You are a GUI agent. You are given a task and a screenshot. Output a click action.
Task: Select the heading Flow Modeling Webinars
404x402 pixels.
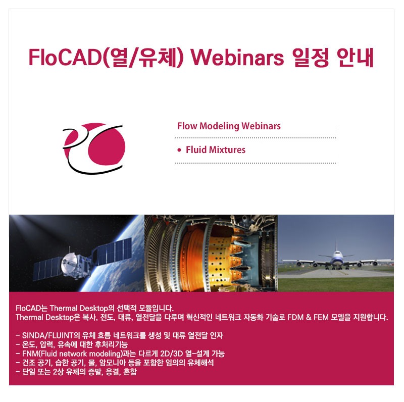pyautogui.click(x=229, y=126)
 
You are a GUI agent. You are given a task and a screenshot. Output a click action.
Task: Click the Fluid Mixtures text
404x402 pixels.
pyautogui.click(x=216, y=150)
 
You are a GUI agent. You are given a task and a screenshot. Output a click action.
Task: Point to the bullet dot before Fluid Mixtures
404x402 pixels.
pyautogui.click(x=179, y=150)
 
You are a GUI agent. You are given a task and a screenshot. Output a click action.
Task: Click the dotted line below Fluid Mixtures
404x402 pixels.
pyautogui.click(x=255, y=163)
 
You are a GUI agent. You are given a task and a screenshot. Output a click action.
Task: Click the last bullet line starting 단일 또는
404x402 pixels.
pyautogui.click(x=76, y=372)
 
